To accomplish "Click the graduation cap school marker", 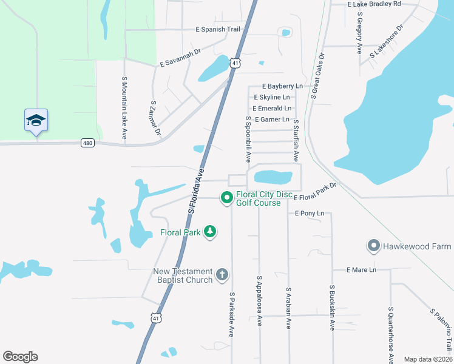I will [36, 120].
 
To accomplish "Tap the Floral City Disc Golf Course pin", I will [227, 198].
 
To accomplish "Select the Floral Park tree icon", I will [210, 232].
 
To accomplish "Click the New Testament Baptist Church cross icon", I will [222, 275].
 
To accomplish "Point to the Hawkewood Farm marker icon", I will [373, 246].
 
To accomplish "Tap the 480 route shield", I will [88, 143].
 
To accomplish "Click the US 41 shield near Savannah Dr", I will [235, 62].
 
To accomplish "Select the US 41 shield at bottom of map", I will [157, 317].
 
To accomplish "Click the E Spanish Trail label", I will [218, 29].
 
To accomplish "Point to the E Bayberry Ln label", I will [282, 87].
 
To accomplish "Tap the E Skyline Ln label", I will [276, 97].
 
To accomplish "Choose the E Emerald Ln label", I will [272, 108].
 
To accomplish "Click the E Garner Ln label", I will [272, 120].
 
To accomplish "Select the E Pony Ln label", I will [310, 214].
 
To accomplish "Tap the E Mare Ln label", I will [362, 269].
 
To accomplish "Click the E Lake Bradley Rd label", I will [374, 4].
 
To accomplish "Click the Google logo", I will [20, 357].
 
